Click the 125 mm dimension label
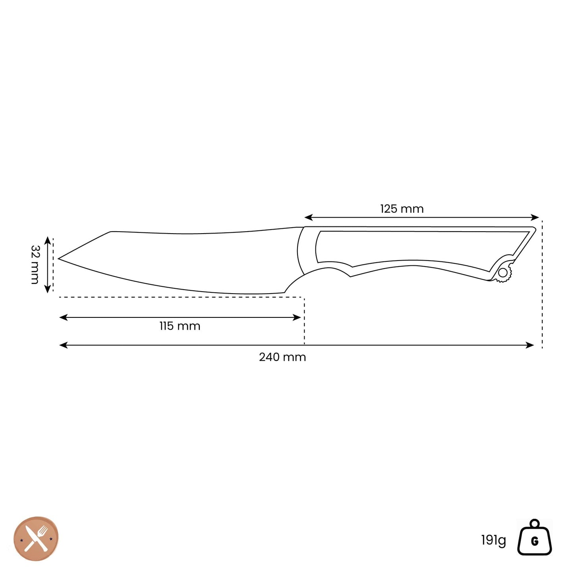pos(402,209)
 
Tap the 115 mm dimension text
pos(180,326)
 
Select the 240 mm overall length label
pos(282,357)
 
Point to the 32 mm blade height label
pos(35,265)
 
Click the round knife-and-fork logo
pos(36,539)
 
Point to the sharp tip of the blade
pos(58,259)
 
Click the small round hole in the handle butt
pos(503,272)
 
